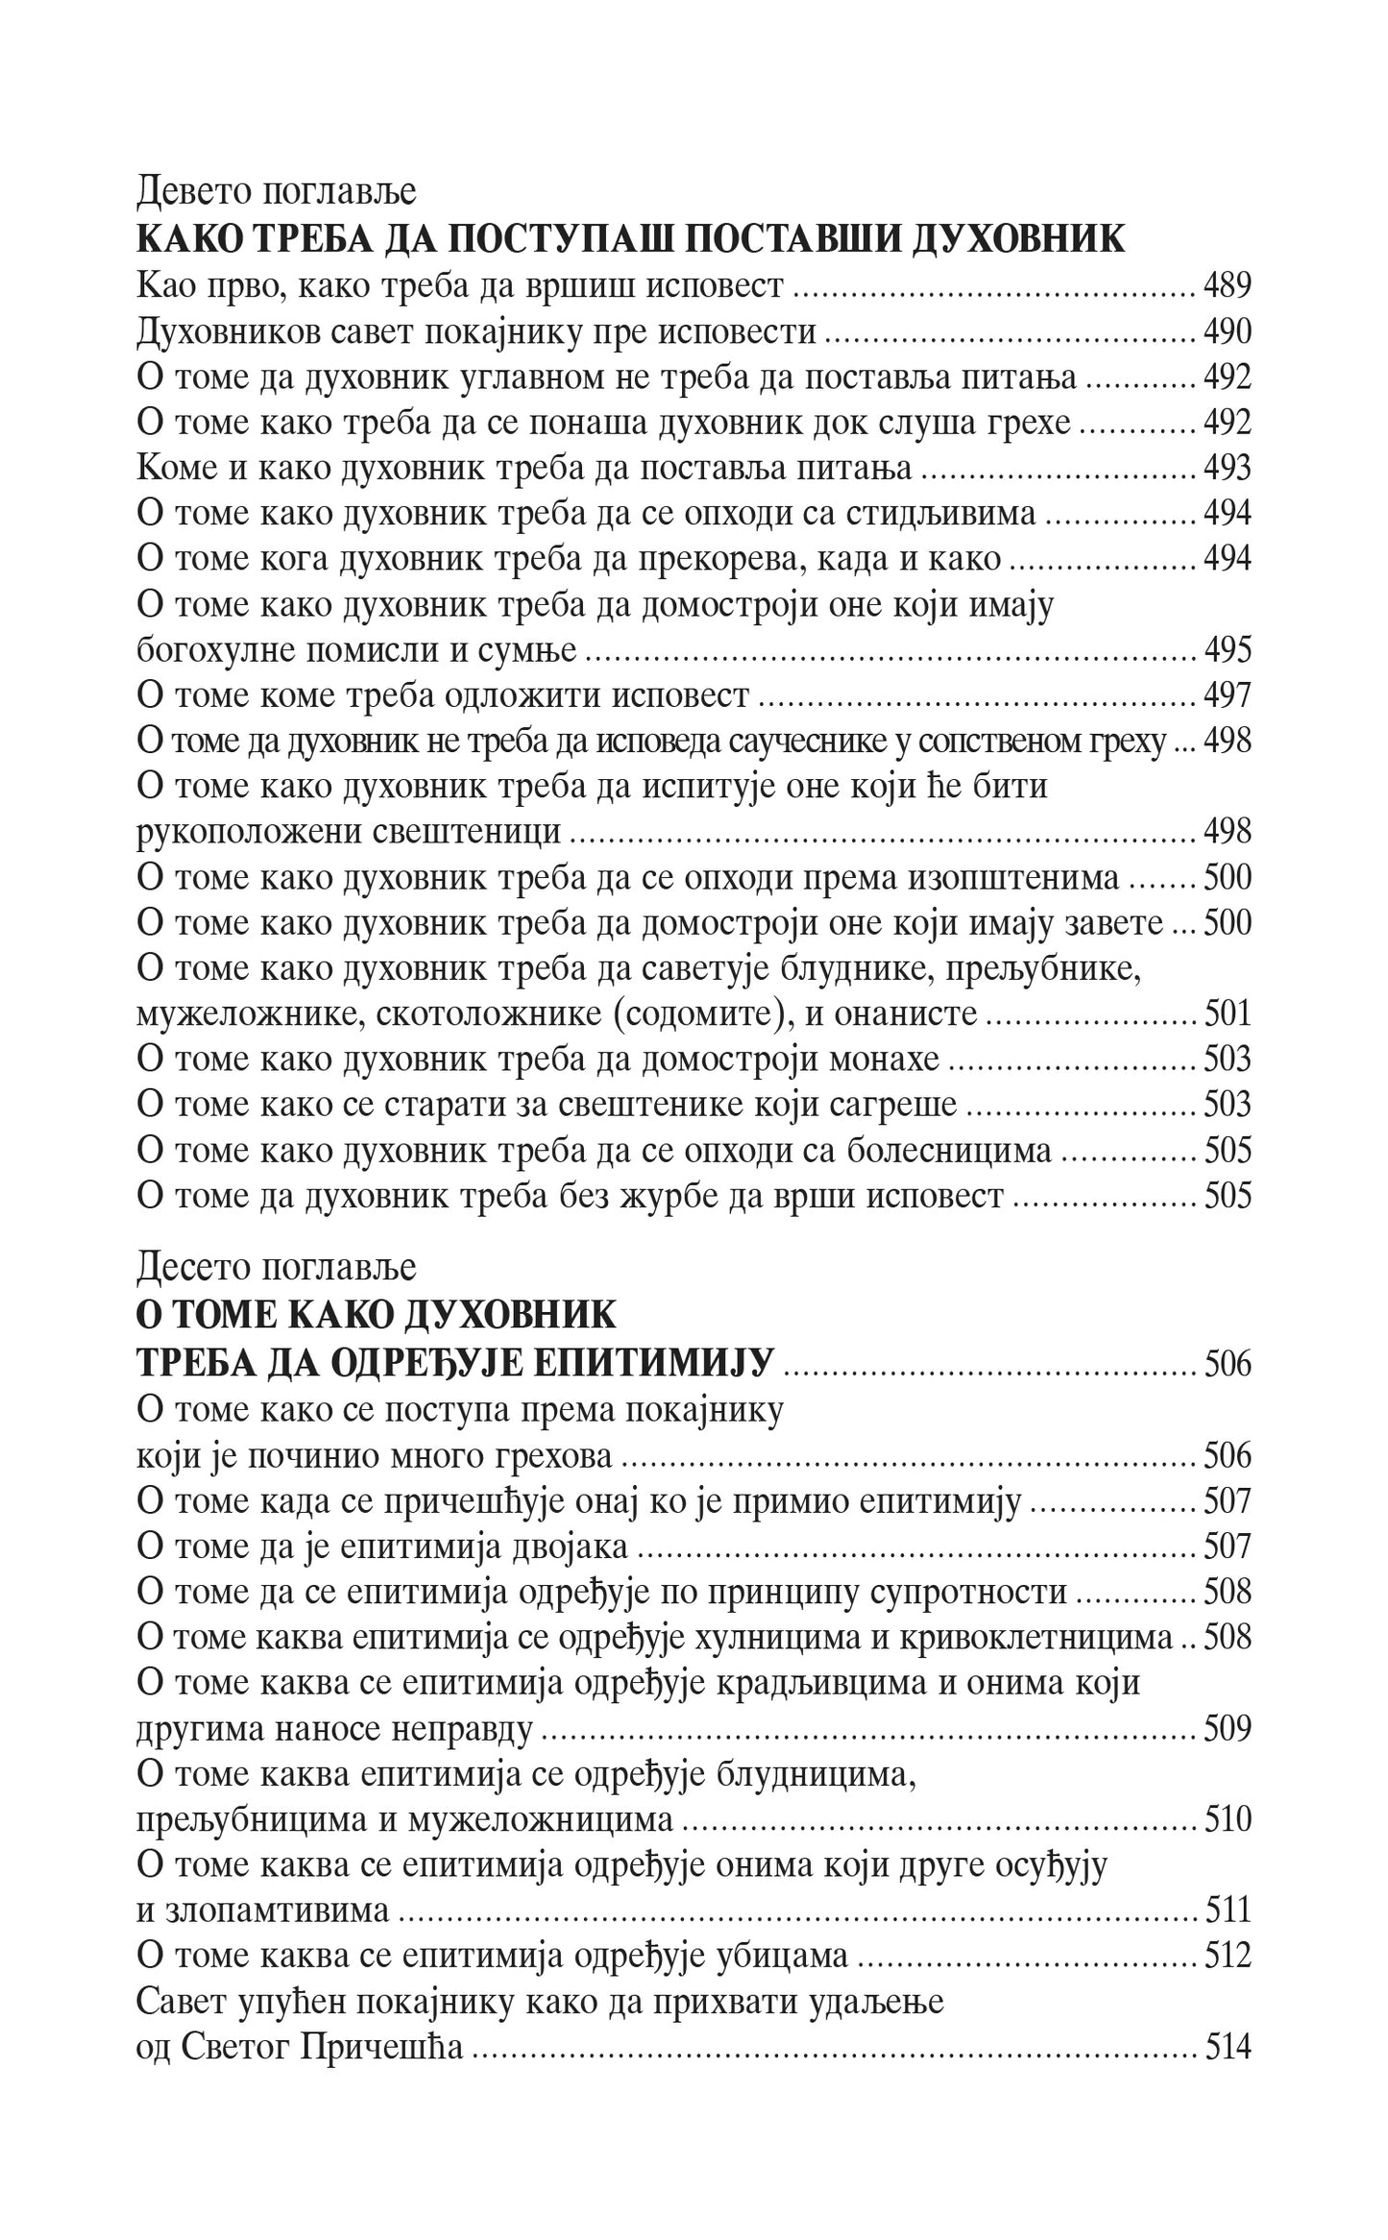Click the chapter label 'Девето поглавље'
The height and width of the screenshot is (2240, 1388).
click(x=277, y=192)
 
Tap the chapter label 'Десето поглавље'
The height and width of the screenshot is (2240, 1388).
click(x=277, y=1267)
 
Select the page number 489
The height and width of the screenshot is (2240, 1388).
click(x=1228, y=285)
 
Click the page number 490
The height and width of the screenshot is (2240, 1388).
click(x=1228, y=331)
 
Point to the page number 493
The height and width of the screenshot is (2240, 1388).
click(x=1228, y=468)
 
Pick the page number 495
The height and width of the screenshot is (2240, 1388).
click(x=1228, y=650)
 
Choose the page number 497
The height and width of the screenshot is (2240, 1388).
click(x=1228, y=695)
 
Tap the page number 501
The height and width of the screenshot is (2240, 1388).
click(x=1228, y=1013)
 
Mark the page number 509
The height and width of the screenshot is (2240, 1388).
click(x=1228, y=1729)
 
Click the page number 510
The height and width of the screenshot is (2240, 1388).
click(x=1228, y=1820)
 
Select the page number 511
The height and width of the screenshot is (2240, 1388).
click(x=1228, y=1911)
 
